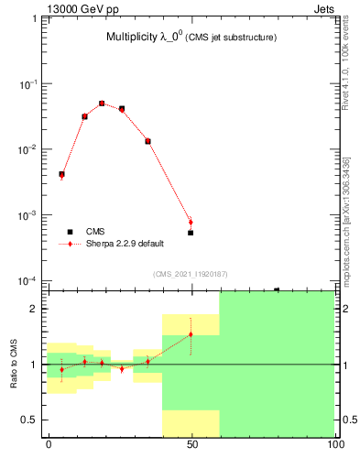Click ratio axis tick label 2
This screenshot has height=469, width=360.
(x=38, y=309)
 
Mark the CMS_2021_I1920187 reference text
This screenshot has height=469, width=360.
(x=191, y=274)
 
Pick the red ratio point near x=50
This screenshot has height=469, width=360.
(x=191, y=333)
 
